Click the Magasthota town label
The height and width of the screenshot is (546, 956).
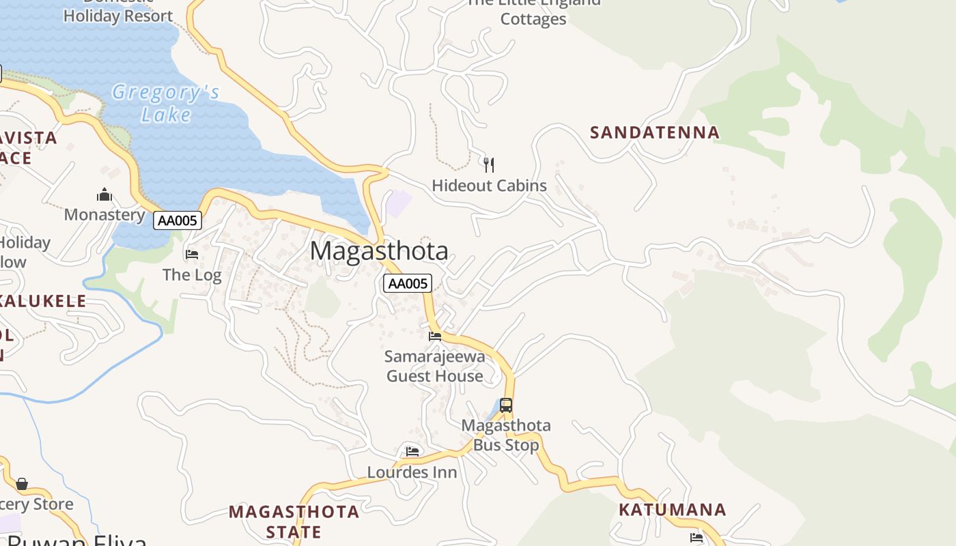coord(379,251)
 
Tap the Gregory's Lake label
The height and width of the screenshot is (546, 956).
coord(166,102)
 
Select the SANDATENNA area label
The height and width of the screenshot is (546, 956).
coord(655,132)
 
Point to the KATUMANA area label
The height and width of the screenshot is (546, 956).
coord(672,510)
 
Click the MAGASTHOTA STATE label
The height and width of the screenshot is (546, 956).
coord(294,521)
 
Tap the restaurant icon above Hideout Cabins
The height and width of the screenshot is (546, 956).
coord(488,164)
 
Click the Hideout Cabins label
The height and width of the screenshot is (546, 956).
coord(489,186)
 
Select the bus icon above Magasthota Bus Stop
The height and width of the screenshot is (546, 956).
coord(505,405)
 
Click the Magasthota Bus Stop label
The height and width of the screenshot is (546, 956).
coord(506,435)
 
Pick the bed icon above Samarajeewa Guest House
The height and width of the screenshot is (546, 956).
coord(434,336)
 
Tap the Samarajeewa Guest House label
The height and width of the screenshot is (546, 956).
coord(435,366)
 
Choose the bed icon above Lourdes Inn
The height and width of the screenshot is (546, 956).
coord(412,451)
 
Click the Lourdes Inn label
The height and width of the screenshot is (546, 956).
coord(412,472)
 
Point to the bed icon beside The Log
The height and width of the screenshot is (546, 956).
coord(192,255)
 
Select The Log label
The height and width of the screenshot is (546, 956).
coord(192,275)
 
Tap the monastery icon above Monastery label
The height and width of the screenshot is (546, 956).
coord(104,195)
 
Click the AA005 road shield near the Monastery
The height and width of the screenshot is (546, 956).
coord(178,220)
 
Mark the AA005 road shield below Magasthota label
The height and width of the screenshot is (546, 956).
coord(408,283)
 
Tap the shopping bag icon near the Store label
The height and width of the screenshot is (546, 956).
coord(22,484)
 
